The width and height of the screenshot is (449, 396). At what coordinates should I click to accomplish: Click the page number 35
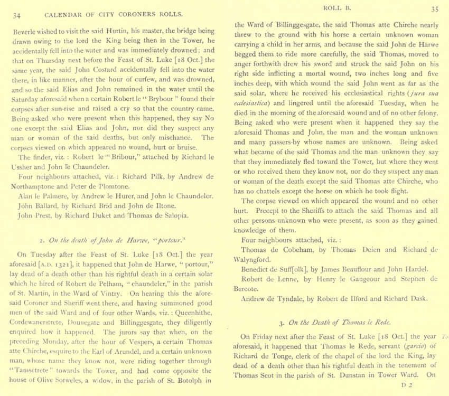[435, 9]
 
